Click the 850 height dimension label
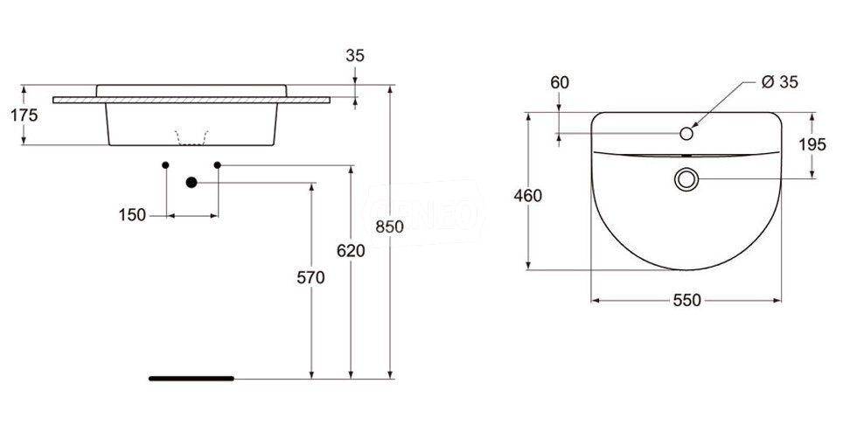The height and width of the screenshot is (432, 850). [x=390, y=226]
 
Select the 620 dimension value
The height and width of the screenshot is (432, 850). [x=351, y=251]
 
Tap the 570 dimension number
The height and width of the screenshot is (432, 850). [x=310, y=277]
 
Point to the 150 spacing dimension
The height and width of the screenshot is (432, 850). [x=132, y=215]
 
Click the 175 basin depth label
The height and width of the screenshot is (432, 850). [x=24, y=115]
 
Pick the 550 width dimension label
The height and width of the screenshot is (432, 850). [x=686, y=300]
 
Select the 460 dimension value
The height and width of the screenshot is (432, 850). [x=527, y=196]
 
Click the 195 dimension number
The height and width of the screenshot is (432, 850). [x=812, y=144]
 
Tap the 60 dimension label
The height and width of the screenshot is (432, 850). [x=560, y=83]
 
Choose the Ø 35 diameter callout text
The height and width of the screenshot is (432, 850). [x=779, y=82]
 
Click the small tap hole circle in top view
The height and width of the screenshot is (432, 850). [x=686, y=133]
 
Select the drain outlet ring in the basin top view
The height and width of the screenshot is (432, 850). [x=686, y=179]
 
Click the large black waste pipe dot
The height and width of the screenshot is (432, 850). [x=192, y=183]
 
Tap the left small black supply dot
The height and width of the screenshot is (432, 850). [x=165, y=164]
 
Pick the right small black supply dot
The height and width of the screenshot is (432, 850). [x=218, y=164]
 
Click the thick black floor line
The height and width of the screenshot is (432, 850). [x=192, y=379]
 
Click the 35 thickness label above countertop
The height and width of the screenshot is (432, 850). [x=355, y=56]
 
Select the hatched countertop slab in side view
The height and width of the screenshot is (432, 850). [x=192, y=100]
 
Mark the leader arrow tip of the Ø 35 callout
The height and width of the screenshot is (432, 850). [x=693, y=128]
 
